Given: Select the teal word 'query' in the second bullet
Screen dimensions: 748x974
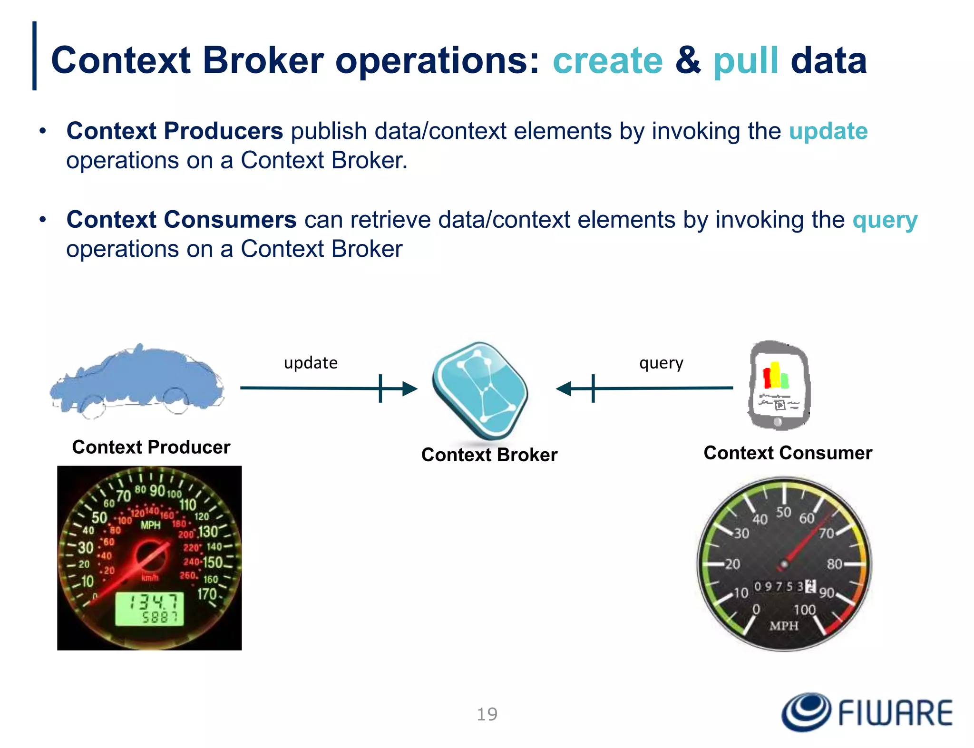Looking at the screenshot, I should click(885, 220).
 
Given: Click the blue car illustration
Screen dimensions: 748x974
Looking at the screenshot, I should click(137, 380).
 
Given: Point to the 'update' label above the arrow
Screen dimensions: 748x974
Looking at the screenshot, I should click(311, 363).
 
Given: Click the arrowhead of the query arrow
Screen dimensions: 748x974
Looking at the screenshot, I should click(564, 389).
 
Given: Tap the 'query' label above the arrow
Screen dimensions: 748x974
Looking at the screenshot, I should click(661, 363).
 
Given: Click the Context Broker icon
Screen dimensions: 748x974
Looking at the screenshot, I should click(480, 390).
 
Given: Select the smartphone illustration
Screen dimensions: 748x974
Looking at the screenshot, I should click(778, 385).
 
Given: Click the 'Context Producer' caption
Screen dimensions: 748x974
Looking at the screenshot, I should click(151, 447).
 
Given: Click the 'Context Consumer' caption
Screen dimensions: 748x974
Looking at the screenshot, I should click(788, 453).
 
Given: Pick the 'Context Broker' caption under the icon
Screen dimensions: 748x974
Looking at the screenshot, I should click(489, 455).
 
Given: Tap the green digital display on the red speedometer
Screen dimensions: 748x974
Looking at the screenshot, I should click(149, 609).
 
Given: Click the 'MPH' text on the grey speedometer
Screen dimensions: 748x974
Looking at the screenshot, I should click(784, 626).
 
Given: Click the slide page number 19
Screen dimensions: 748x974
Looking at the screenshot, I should click(487, 714).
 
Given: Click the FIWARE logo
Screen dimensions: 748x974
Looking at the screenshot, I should click(867, 712).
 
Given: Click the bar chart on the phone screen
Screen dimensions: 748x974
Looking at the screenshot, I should click(776, 376).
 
